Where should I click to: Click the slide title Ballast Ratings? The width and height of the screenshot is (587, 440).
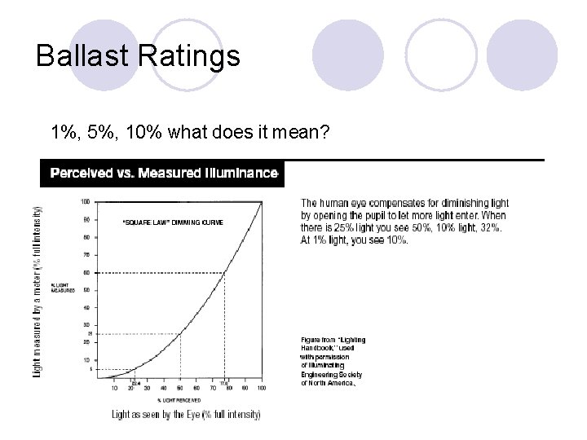pos(139,57)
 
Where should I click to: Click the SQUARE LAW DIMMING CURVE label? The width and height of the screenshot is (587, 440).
pos(171,222)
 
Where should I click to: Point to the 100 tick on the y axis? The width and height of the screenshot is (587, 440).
pos(85,202)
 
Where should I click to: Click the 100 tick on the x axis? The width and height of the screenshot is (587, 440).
pos(262,388)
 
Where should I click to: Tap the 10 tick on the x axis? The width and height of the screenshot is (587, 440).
pos(113,388)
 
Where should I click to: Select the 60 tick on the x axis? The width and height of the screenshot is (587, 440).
pos(196,388)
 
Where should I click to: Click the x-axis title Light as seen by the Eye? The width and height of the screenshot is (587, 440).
pos(187,415)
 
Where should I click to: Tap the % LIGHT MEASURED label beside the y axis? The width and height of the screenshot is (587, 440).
pos(63,287)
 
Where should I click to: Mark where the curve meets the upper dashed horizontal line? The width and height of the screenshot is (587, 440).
pos(224,272)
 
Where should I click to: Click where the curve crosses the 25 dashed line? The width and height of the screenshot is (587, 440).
pos(179,333)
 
